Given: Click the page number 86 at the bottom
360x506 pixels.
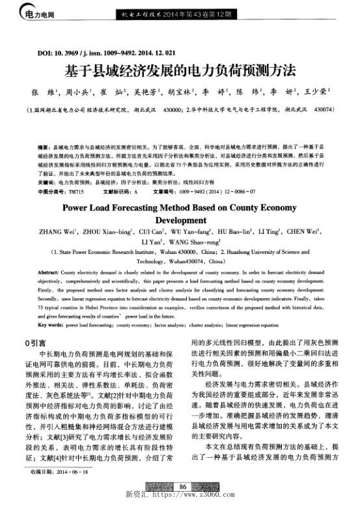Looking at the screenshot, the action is coord(184,486).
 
